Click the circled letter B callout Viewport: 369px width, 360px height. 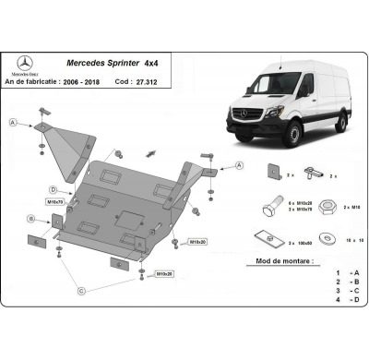(31, 218)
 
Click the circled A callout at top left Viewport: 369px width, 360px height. (12, 123)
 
